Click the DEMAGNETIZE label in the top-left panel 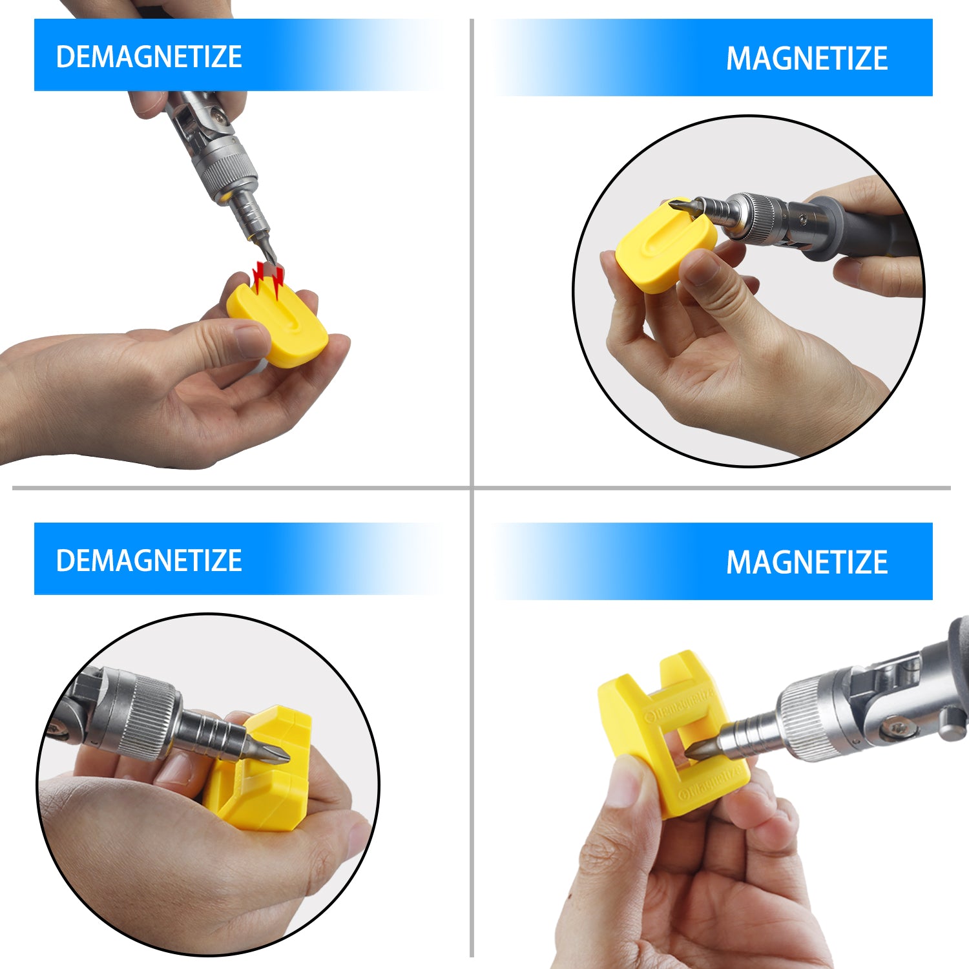click(x=149, y=57)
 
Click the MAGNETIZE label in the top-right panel click(x=806, y=59)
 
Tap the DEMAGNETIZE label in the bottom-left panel click(x=149, y=560)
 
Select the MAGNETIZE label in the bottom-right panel click(x=806, y=562)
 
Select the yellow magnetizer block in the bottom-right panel click(x=672, y=736)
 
